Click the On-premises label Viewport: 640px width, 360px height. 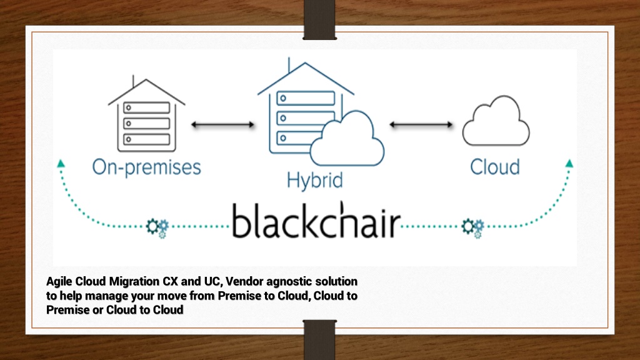pos(146,167)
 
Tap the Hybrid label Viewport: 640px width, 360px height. pos(315,180)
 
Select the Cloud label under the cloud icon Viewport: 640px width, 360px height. pos(495,166)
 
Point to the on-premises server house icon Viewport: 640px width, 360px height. pos(146,114)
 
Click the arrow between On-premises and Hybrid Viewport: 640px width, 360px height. pos(223,124)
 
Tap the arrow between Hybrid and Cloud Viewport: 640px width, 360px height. pos(421,124)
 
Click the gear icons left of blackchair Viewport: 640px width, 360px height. pos(157,227)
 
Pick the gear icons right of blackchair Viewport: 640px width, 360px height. pos(473,227)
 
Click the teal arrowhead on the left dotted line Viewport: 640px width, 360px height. pos(61,163)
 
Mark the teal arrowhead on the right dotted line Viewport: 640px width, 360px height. pos(569,163)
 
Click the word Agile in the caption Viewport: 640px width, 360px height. pos(59,282)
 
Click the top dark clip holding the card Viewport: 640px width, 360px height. pos(319,19)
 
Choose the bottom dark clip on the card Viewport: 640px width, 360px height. pos(319,339)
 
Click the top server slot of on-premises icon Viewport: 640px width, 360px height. pos(146,107)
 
